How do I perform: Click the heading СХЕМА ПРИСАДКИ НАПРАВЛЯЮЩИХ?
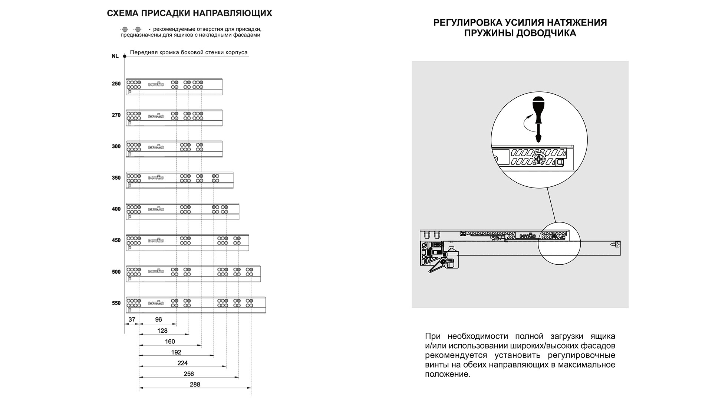pyautogui.click(x=189, y=13)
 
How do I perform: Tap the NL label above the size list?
pyautogui.click(x=115, y=56)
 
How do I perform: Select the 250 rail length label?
pyautogui.click(x=116, y=84)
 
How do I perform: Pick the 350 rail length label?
pyautogui.click(x=116, y=178)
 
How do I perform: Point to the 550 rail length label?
pyautogui.click(x=116, y=303)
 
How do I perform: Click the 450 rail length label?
pyautogui.click(x=116, y=240)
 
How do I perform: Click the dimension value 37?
pyautogui.click(x=132, y=319)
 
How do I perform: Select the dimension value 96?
pyautogui.click(x=158, y=319)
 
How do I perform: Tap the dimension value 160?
pyautogui.click(x=170, y=341)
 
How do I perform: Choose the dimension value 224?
pyautogui.click(x=182, y=363)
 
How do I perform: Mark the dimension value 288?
pyautogui.click(x=195, y=384)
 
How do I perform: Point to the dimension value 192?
pyautogui.click(x=176, y=352)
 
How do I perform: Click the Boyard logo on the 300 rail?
pyautogui.click(x=156, y=147)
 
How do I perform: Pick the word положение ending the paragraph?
pyautogui.click(x=447, y=374)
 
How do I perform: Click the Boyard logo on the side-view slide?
pyautogui.click(x=528, y=235)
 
